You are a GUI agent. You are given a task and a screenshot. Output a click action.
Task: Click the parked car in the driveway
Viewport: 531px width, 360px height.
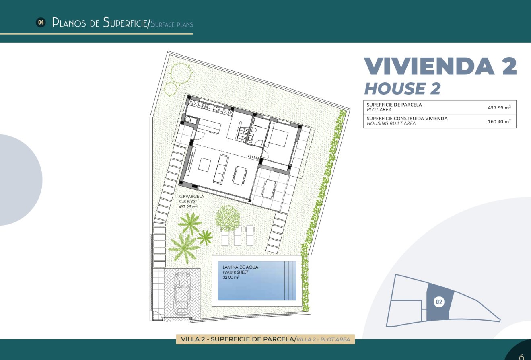(182, 293)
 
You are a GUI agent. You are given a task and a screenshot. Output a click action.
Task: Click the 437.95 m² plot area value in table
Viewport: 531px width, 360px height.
(499, 107)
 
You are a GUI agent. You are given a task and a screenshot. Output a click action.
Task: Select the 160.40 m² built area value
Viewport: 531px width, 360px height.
(499, 121)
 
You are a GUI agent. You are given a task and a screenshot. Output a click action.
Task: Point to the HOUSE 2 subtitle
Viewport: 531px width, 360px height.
(402, 88)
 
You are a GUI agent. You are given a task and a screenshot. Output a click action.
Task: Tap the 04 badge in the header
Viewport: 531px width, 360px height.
(40, 23)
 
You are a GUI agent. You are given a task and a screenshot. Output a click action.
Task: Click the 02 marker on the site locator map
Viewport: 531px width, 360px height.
(439, 302)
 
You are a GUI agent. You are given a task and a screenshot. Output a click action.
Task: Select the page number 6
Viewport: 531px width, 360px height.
(521, 356)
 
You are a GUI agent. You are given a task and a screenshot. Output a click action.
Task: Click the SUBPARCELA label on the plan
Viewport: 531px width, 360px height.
(191, 197)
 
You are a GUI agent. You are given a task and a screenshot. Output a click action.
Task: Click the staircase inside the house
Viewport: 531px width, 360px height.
(242, 134)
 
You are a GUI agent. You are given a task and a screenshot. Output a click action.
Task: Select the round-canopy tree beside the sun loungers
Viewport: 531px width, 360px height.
(227, 218)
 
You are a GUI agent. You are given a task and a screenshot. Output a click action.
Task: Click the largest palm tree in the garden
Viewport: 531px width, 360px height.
(184, 247)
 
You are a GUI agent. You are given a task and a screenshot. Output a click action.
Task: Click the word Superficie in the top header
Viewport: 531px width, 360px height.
(125, 23)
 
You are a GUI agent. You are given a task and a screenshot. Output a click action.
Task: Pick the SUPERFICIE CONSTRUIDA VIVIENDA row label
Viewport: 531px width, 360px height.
(407, 119)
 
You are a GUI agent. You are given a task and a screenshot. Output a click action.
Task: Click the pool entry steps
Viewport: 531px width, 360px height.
(290, 281)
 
